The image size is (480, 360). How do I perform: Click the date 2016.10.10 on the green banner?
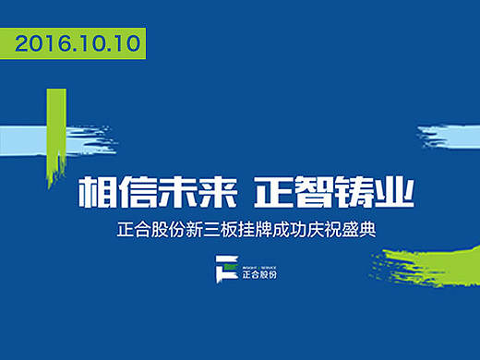coord(80,42)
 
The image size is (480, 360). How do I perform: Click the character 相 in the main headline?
coord(96,192)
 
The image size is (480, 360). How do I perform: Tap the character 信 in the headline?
coord(133,192)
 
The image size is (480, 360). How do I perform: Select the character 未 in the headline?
coord(170,192)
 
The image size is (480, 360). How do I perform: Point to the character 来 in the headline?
coord(206,192)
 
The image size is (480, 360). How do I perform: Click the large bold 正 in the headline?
coord(274,192)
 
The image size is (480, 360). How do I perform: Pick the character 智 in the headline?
coord(311,192)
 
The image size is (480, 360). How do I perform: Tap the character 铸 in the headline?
coord(348,192)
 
